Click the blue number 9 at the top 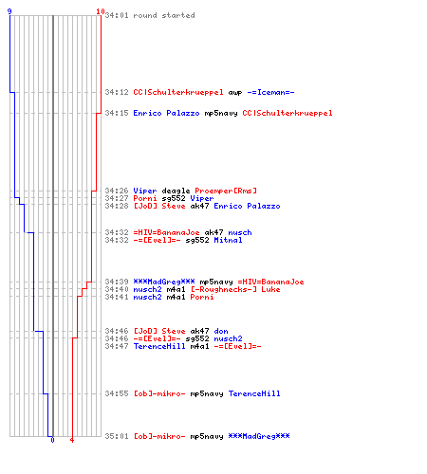pyautogui.click(x=9, y=11)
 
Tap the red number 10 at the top pyautogui.click(x=101, y=11)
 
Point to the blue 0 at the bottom pyautogui.click(x=52, y=440)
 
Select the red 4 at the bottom pyautogui.click(x=72, y=440)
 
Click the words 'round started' pyautogui.click(x=164, y=15)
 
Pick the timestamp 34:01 pyautogui.click(x=117, y=15)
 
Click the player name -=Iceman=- pyautogui.click(x=270, y=92)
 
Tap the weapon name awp pyautogui.click(x=235, y=93)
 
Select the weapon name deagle pyautogui.click(x=176, y=191)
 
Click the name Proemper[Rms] pyautogui.click(x=226, y=191)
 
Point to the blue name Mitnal pyautogui.click(x=228, y=240)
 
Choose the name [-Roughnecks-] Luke pyautogui.click(x=235, y=289)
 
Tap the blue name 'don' pyautogui.click(x=221, y=331)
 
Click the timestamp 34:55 pyautogui.click(x=117, y=393)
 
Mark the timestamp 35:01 pyautogui.click(x=117, y=436)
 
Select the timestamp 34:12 pyautogui.click(x=117, y=92)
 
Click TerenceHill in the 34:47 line pyautogui.click(x=159, y=346)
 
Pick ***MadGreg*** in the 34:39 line pyautogui.click(x=164, y=282)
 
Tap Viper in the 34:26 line pyautogui.click(x=145, y=191)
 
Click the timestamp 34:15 pyautogui.click(x=117, y=113)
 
